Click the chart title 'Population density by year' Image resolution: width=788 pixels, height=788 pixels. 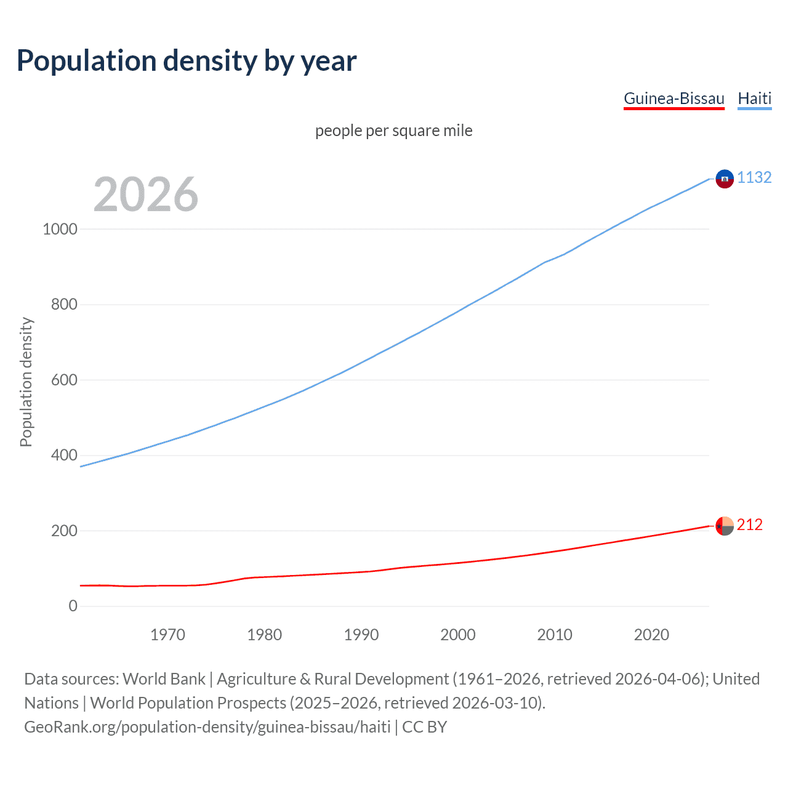click(187, 61)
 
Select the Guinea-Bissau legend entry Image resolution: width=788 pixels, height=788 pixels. click(674, 98)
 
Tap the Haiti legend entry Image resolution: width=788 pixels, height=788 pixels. click(754, 98)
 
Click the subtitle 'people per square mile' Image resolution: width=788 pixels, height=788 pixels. click(394, 131)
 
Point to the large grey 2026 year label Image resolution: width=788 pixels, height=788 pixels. click(146, 195)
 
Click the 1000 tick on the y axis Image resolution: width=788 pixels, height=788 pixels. click(60, 229)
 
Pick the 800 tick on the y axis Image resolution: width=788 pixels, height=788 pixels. click(65, 305)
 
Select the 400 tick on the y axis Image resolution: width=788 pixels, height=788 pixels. click(65, 456)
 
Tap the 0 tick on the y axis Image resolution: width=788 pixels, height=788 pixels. click(73, 606)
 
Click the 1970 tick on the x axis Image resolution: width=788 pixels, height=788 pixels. click(167, 635)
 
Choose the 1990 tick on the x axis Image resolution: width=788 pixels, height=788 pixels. click(361, 635)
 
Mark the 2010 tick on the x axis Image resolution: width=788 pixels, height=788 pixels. click(555, 635)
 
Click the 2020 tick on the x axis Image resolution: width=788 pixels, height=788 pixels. click(651, 635)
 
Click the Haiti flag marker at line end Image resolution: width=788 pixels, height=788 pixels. click(725, 179)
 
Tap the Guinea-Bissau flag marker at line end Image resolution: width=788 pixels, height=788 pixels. click(725, 526)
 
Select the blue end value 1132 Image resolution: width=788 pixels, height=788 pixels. click(754, 177)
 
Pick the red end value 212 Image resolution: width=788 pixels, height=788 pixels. click(749, 525)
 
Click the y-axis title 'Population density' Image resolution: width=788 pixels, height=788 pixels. click(26, 382)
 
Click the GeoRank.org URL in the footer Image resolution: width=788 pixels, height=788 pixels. click(207, 727)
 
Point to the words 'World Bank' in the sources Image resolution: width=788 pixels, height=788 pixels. click(164, 679)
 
